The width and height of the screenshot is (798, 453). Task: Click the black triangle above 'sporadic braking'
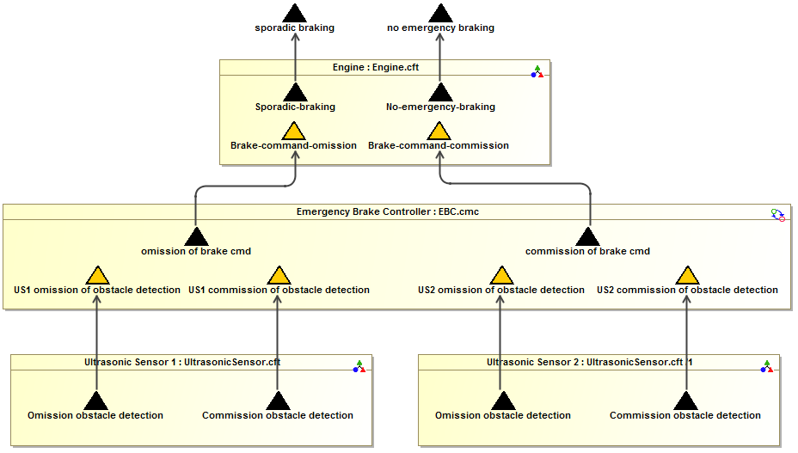pos(295,13)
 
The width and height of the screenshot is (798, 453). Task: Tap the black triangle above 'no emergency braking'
pos(440,13)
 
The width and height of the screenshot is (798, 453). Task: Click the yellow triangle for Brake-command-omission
pos(294,132)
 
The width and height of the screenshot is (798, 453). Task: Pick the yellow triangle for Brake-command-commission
pos(439,132)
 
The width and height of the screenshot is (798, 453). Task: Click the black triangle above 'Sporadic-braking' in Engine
pos(295,93)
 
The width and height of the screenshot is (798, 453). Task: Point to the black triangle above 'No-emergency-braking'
pos(440,93)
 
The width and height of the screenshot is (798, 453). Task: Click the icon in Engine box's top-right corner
pos(537,71)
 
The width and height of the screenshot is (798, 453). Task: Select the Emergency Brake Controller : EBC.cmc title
pos(387,211)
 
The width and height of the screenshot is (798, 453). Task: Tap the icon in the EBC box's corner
pos(777,215)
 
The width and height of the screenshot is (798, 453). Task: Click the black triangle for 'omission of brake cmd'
pos(196,237)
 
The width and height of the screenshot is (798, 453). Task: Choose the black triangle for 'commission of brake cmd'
pos(587,237)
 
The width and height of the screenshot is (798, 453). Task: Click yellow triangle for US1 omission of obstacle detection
pos(97,276)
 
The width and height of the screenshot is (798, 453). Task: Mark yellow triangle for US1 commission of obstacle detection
pos(279,276)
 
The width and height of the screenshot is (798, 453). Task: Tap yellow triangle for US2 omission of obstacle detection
pos(501,276)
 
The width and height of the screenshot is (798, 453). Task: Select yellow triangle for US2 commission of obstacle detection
pos(687,276)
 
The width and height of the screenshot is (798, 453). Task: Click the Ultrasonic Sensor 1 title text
pos(182,362)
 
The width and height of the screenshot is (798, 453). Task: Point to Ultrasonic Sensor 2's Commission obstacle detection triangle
pos(685,401)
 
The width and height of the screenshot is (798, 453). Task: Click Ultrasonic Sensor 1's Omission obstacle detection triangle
pos(95,401)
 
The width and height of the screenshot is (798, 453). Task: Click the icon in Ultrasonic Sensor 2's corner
pos(766,367)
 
